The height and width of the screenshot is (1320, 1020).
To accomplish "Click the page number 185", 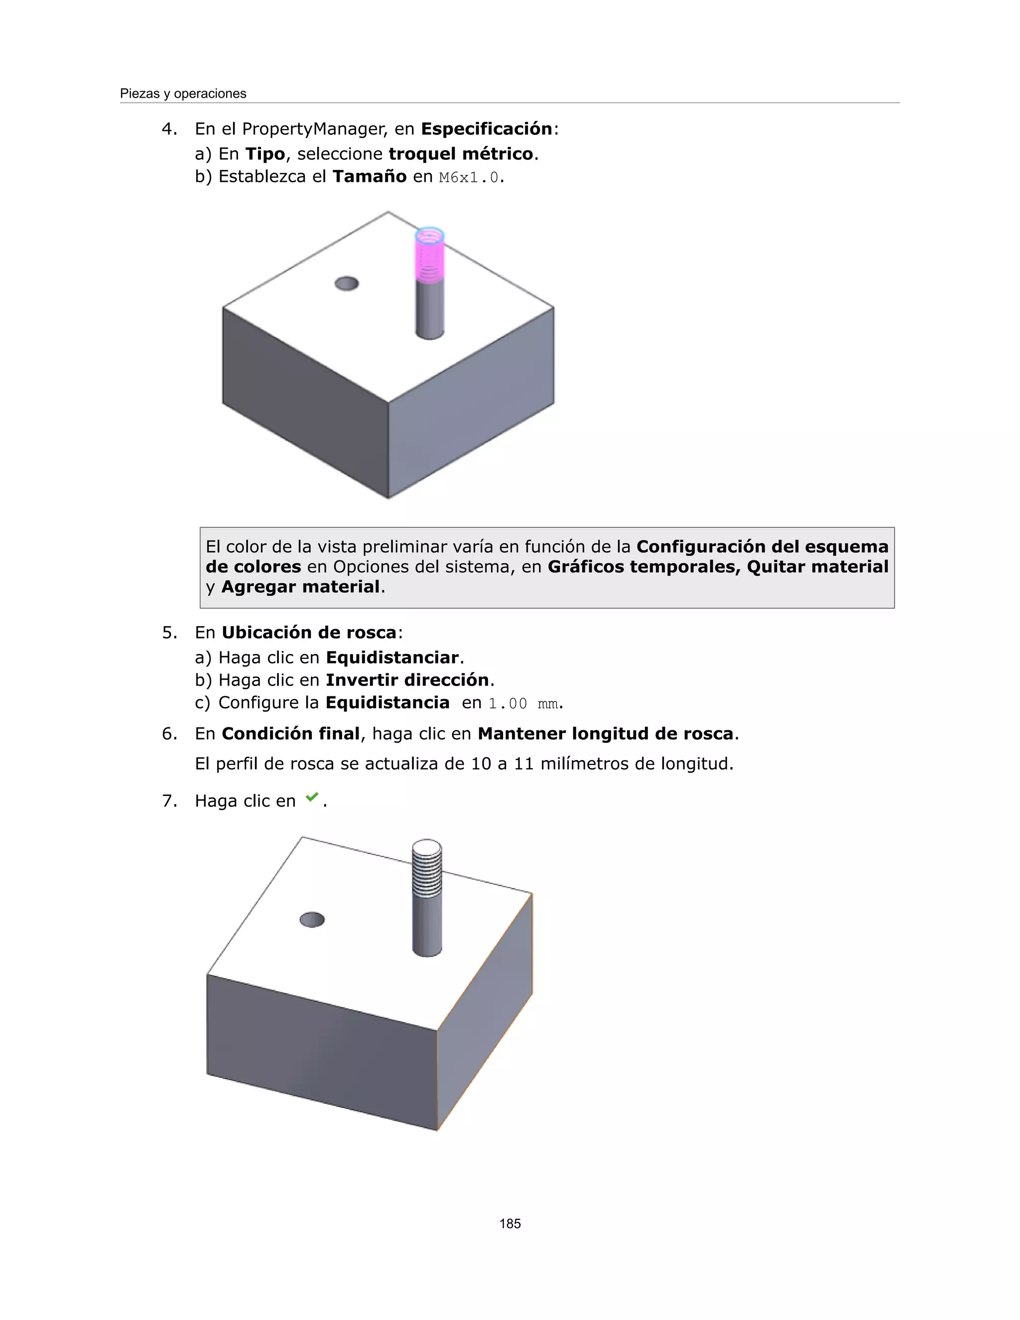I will click(x=510, y=1223).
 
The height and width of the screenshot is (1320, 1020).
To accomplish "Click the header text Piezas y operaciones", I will click(x=183, y=94).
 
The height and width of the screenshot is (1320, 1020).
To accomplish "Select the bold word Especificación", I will click(x=487, y=129).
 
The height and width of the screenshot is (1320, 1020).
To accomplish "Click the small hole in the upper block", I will click(x=346, y=283).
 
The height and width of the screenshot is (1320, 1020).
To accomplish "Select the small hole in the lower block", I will click(x=312, y=920).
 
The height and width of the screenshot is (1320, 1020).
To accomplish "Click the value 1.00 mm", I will click(x=523, y=703).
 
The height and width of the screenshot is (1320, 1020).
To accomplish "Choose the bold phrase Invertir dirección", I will click(x=407, y=680).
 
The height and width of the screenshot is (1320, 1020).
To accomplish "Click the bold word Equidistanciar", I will click(x=392, y=658).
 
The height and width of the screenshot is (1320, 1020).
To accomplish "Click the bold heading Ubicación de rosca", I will click(x=309, y=633).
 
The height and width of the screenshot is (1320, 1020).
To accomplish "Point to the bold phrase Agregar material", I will click(x=300, y=587).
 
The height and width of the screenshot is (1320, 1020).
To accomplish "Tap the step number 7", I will click(x=169, y=801).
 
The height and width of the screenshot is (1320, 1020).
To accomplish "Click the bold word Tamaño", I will click(x=369, y=176).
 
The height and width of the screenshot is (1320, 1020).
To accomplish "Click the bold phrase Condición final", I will click(x=291, y=734).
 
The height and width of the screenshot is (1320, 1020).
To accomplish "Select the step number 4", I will click(x=169, y=129).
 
